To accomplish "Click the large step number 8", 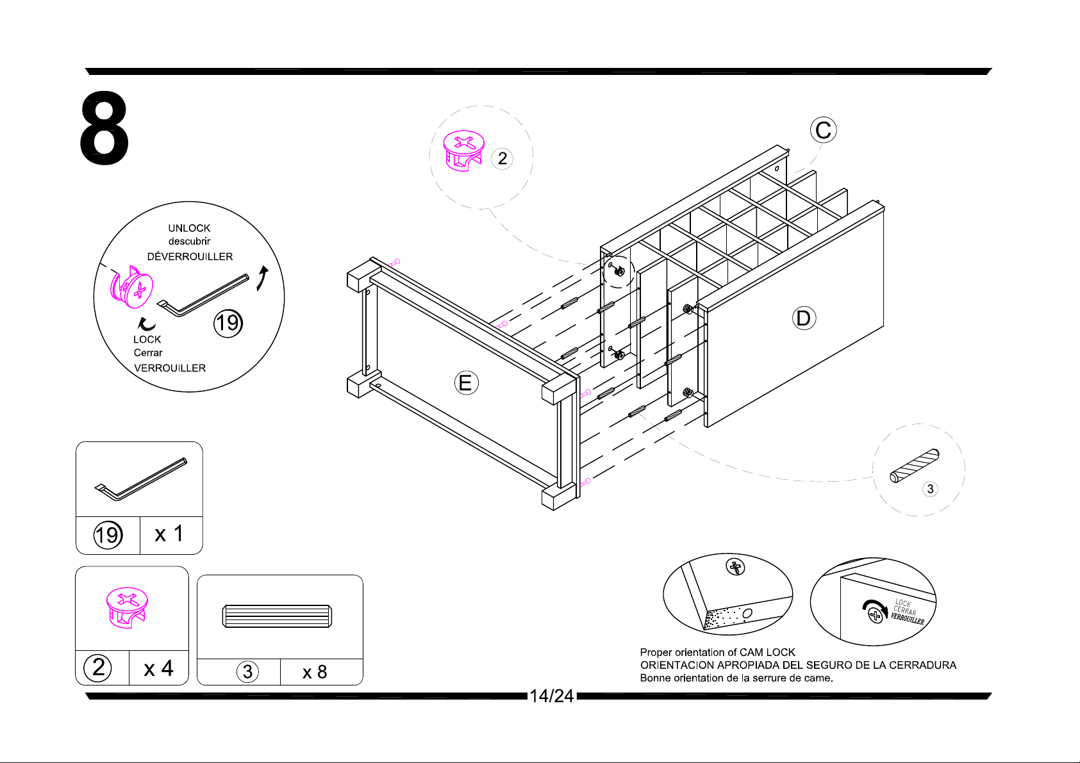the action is click(104, 127).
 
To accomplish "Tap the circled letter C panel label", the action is click(823, 129).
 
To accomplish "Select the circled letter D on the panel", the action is click(804, 318).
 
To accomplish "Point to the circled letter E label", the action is click(466, 383).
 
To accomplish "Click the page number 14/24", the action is click(552, 696).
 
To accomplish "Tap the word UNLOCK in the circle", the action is click(189, 228).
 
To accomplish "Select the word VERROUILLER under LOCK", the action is click(170, 368).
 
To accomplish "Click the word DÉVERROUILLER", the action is click(190, 256).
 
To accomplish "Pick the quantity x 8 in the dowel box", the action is click(315, 672).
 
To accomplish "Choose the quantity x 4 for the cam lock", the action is click(158, 669).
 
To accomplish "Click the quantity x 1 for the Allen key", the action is click(169, 534).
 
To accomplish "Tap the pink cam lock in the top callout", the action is click(464, 151).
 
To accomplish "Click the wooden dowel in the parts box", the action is click(278, 616).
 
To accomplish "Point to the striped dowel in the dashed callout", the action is click(915, 466).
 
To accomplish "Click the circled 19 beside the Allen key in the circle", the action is click(228, 323).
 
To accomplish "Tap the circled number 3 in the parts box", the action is click(247, 671).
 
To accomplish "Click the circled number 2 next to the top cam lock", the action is click(502, 158).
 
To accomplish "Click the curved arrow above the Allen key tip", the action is click(262, 278).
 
